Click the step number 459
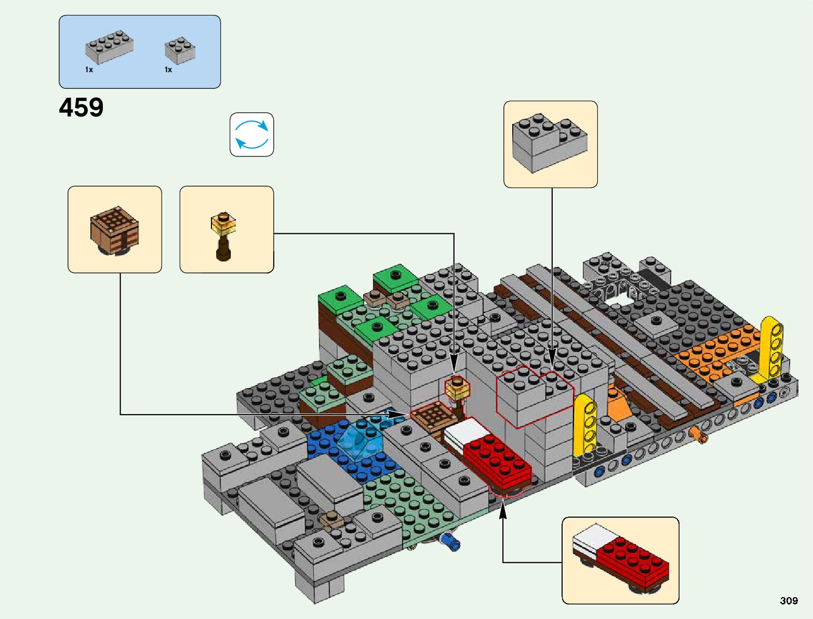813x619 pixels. click(81, 108)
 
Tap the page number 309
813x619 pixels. click(788, 601)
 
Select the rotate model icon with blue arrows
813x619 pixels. click(252, 135)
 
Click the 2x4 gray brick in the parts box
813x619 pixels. click(109, 47)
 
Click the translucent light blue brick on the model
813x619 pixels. click(360, 440)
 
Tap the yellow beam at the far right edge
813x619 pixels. click(771, 348)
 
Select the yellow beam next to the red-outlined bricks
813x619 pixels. click(585, 424)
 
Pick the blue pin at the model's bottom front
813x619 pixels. click(450, 542)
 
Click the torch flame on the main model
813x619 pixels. click(457, 387)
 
